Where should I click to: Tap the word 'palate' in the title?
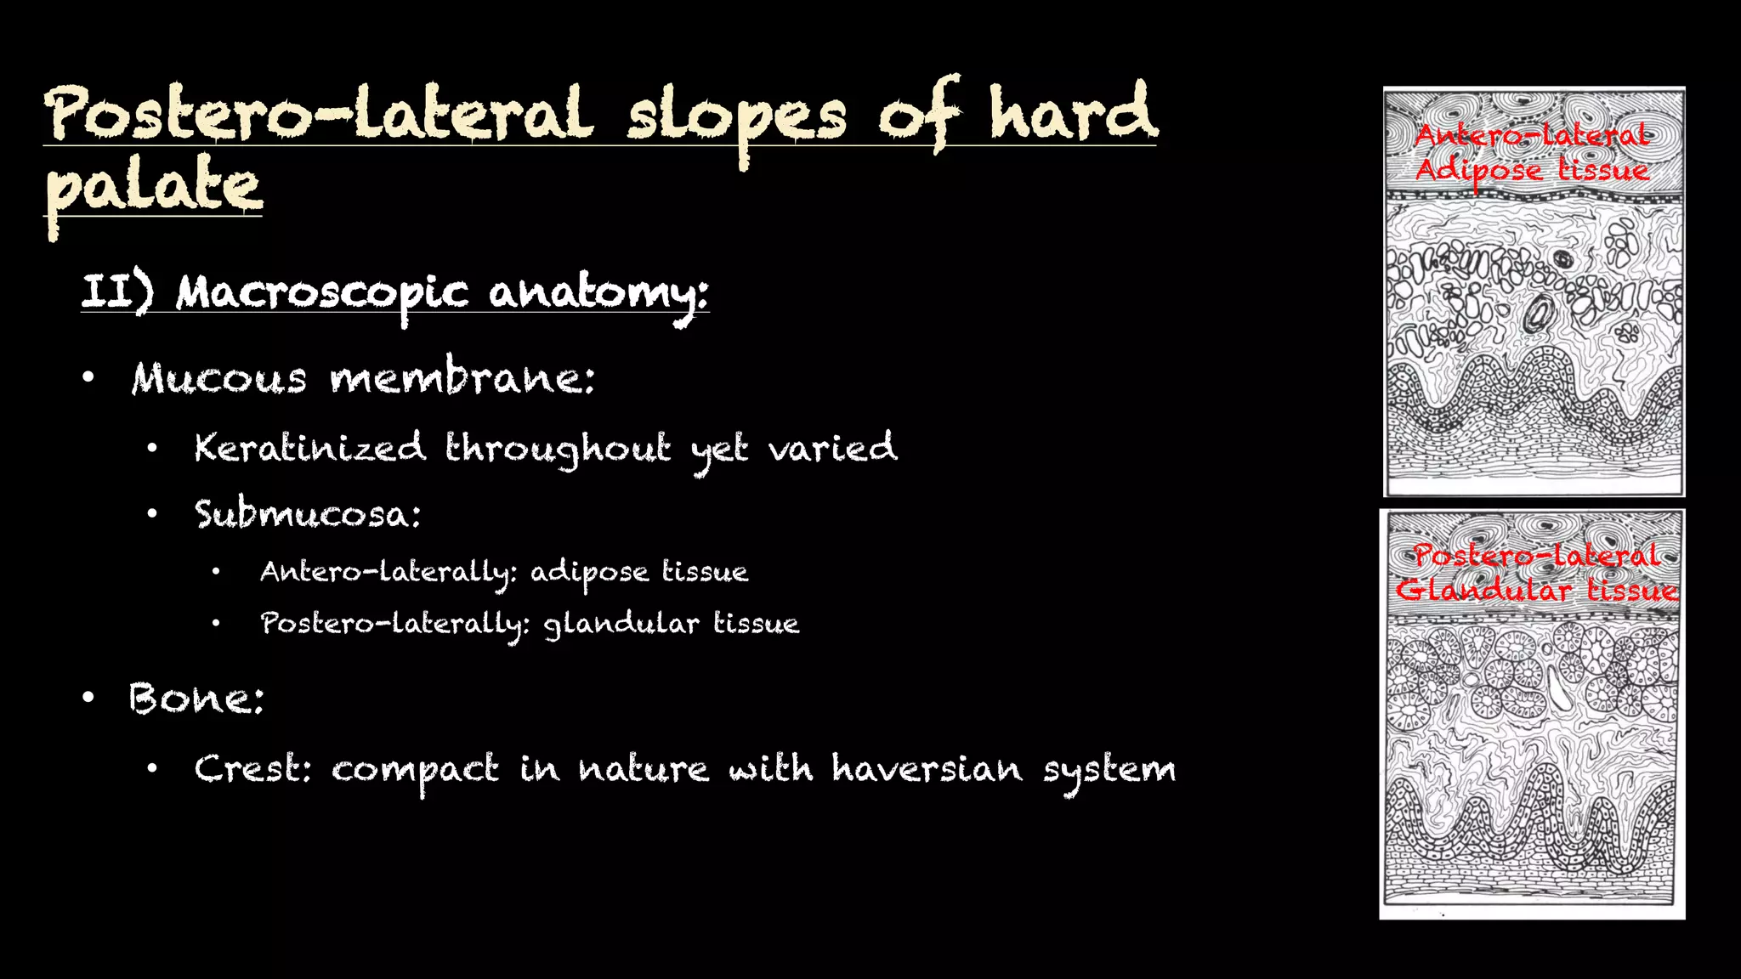pyautogui.click(x=153, y=187)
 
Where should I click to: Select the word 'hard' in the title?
pyautogui.click(x=1073, y=115)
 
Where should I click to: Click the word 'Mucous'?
pyautogui.click(x=218, y=379)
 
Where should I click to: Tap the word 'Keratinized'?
pyautogui.click(x=309, y=448)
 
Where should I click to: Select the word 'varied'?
pyautogui.click(x=832, y=448)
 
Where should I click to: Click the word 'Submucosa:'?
pyautogui.click(x=308, y=515)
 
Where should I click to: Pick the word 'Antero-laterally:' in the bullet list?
pyautogui.click(x=388, y=573)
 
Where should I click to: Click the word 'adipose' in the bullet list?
pyautogui.click(x=589, y=573)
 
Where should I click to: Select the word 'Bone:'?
pyautogui.click(x=196, y=699)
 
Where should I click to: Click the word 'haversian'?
pyautogui.click(x=927, y=769)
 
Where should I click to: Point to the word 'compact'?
pyautogui.click(x=414, y=770)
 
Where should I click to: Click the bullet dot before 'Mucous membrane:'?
pyautogui.click(x=88, y=377)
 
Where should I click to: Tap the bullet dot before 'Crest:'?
pyautogui.click(x=152, y=769)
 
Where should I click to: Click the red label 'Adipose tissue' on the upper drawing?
pyautogui.click(x=1531, y=171)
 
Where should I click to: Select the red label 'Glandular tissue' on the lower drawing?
pyautogui.click(x=1536, y=590)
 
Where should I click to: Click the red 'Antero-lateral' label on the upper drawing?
pyautogui.click(x=1531, y=135)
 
